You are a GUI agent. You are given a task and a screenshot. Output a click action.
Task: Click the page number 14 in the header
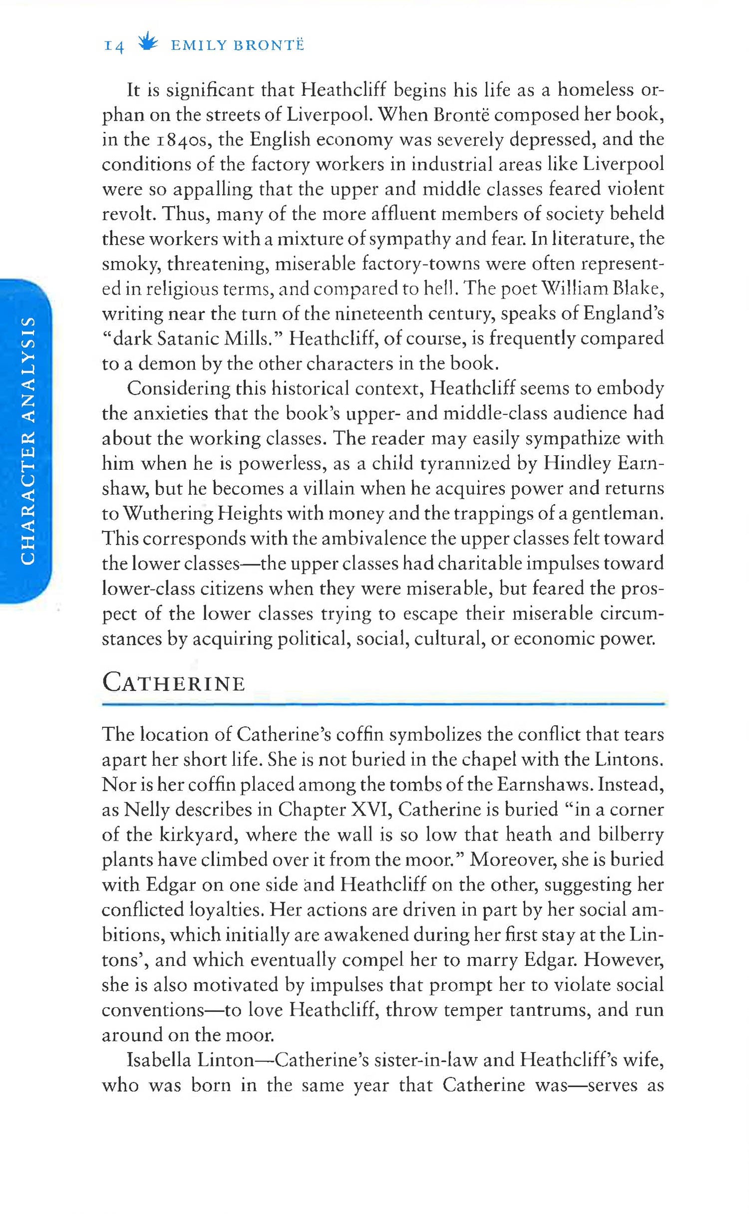pyautogui.click(x=113, y=46)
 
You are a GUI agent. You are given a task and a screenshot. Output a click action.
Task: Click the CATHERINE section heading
pyautogui.click(x=174, y=683)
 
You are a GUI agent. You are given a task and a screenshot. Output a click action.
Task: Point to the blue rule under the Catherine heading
pyautogui.click(x=383, y=704)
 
